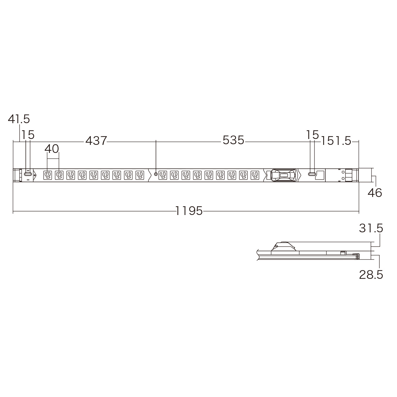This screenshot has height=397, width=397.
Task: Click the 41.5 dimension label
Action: click(x=19, y=119)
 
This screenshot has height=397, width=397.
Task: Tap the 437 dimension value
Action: click(x=96, y=141)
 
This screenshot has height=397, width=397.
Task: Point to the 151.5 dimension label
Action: click(x=336, y=141)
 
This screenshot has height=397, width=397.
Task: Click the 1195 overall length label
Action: click(x=189, y=211)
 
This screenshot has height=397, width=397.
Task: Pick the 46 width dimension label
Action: click(x=375, y=193)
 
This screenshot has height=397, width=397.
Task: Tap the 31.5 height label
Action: click(x=371, y=229)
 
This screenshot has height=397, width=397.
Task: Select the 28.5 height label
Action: click(x=371, y=274)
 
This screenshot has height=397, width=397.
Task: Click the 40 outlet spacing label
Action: click(x=52, y=149)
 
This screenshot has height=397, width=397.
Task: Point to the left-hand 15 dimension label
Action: click(x=28, y=135)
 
